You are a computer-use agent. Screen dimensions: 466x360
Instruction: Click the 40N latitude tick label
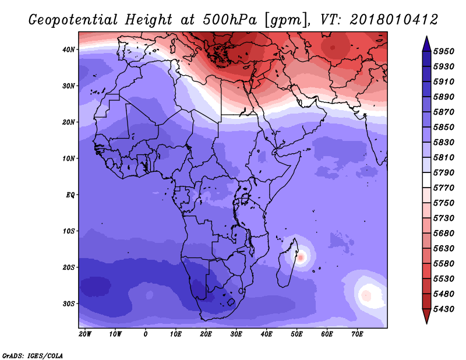pyautogui.click(x=68, y=50)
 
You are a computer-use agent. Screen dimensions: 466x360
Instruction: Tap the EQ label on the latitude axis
pyautogui.click(x=70, y=195)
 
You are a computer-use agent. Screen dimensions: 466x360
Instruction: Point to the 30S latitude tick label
pyautogui.click(x=69, y=304)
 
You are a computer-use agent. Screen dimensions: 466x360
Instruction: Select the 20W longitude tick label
pyautogui.click(x=85, y=334)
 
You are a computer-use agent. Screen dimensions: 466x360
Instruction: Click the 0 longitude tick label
pyautogui.click(x=145, y=334)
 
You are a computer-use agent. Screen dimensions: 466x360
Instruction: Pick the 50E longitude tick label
pyautogui.click(x=296, y=334)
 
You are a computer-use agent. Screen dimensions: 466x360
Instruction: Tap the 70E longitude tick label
pyautogui.click(x=357, y=334)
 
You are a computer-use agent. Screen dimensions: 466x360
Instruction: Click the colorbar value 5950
pyautogui.click(x=444, y=51)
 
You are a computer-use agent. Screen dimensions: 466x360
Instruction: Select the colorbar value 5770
pyautogui.click(x=444, y=188)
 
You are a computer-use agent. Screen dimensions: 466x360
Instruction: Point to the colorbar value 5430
pyautogui.click(x=444, y=309)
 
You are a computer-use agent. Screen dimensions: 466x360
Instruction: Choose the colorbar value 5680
pyautogui.click(x=444, y=234)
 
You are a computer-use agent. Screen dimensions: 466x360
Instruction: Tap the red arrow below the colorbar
pyautogui.click(x=426, y=316)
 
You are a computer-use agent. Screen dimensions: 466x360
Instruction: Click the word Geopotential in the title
pyautogui.click(x=73, y=20)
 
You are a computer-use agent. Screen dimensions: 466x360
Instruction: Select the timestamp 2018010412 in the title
pyautogui.click(x=394, y=20)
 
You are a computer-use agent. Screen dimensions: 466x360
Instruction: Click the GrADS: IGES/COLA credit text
pyautogui.click(x=33, y=355)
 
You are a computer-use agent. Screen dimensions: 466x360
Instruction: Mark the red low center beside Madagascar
pyautogui.click(x=301, y=257)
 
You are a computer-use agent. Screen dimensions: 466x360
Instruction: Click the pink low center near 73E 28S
pyautogui.click(x=366, y=296)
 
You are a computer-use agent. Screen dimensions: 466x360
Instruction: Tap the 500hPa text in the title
pyautogui.click(x=230, y=20)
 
